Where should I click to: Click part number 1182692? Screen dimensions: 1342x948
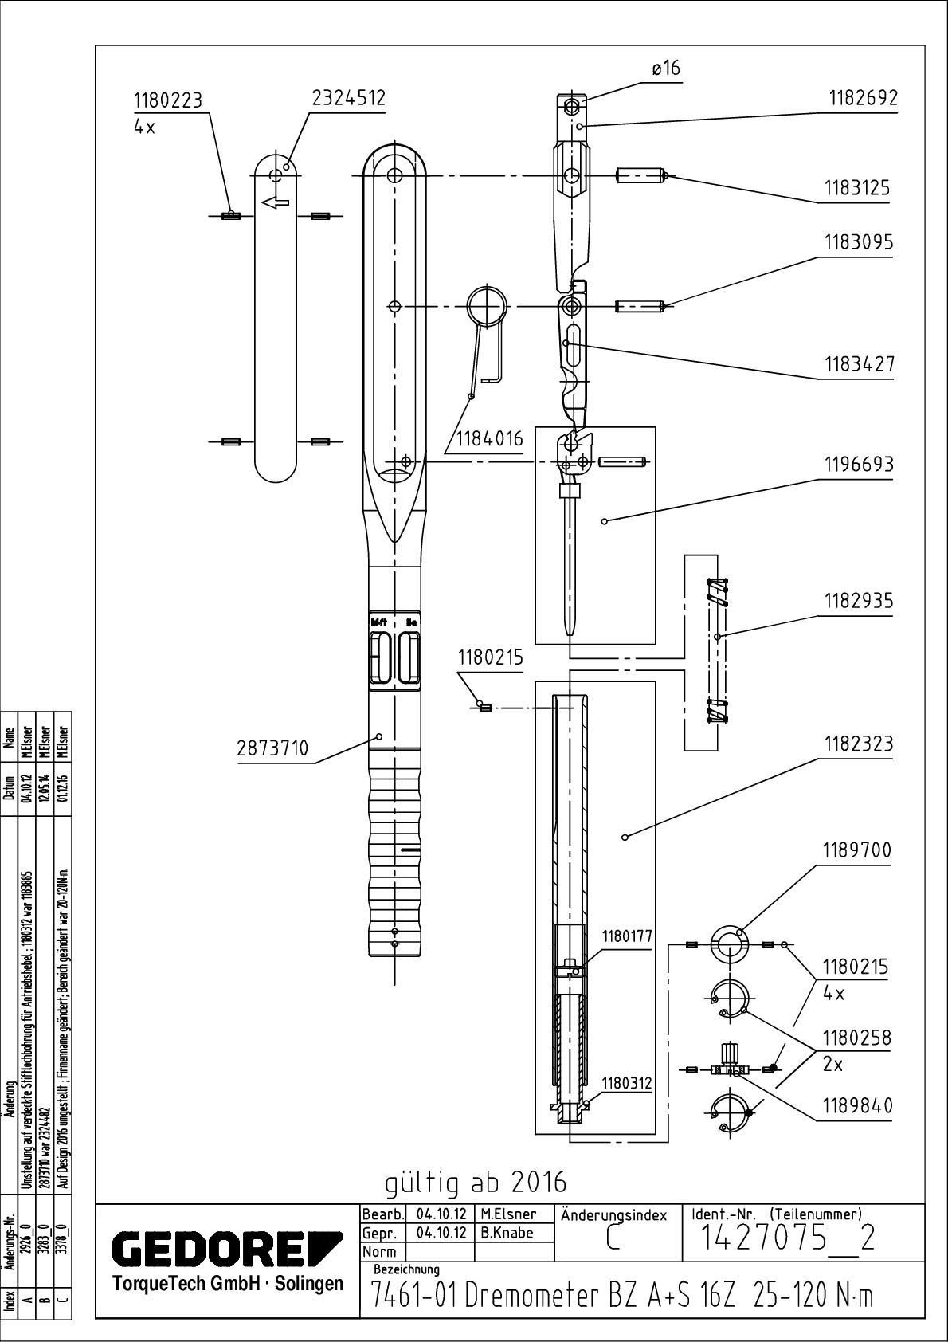tap(863, 99)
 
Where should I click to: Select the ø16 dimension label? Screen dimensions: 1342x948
tap(666, 69)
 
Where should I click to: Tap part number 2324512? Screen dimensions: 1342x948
tap(348, 98)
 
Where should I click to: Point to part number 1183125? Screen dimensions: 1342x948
tap(857, 189)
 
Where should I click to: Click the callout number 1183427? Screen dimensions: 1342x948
tap(860, 364)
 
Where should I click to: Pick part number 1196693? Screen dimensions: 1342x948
tap(859, 465)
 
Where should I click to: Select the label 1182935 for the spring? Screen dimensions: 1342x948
tap(858, 602)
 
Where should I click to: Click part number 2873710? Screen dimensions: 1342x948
tap(272, 749)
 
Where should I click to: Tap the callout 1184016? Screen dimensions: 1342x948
tap(489, 438)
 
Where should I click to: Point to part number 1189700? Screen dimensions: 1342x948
tap(856, 851)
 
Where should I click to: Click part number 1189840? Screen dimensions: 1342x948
tap(857, 1106)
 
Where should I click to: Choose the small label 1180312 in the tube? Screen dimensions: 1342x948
tap(627, 1083)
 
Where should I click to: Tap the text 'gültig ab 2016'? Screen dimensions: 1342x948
tap(476, 1182)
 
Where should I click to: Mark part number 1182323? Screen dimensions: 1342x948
tap(859, 744)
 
